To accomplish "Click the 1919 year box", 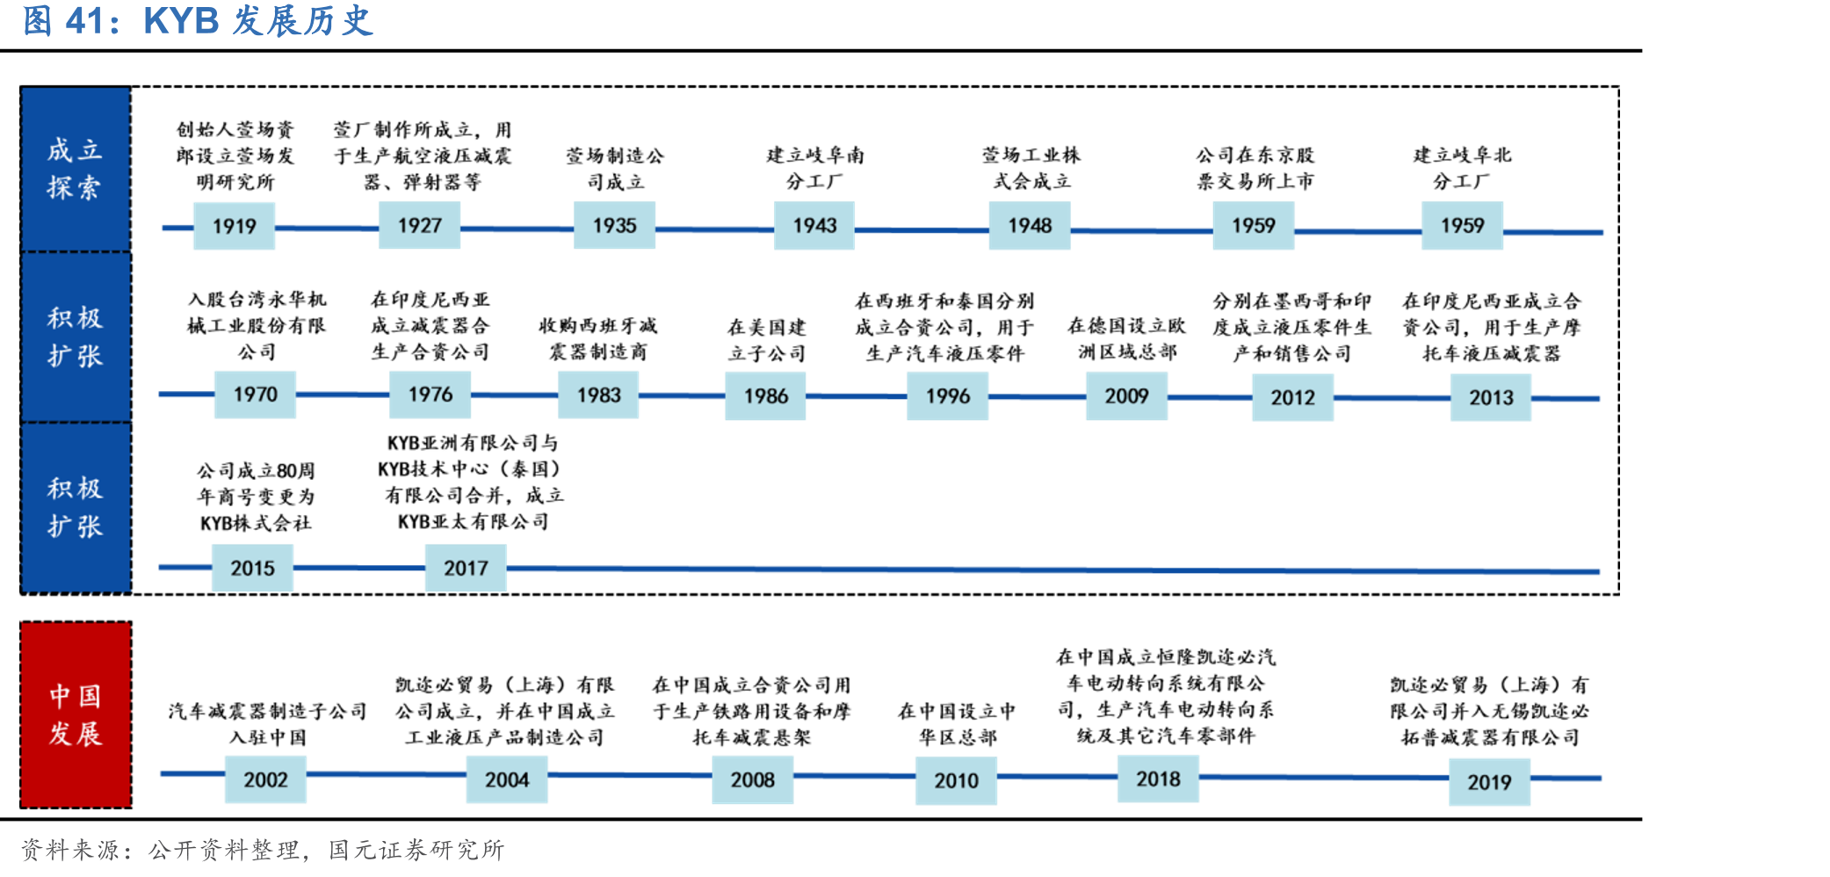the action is point(234,226).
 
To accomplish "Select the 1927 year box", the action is point(419,225).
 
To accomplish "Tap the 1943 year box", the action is point(814,225).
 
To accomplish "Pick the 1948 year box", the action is point(1030,225).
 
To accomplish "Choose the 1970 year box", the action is point(255,394).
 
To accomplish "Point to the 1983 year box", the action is point(598,395).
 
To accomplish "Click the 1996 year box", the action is point(948,395).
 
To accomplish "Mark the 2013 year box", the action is point(1491,397).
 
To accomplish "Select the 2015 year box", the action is point(252,568).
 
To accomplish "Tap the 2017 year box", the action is point(466,568).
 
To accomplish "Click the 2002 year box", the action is point(265,779).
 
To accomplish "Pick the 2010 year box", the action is point(956,780).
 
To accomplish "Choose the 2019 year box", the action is point(1489,782).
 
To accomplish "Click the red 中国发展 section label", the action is point(76,714).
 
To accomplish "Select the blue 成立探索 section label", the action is point(76,169).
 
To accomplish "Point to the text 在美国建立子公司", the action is point(766,340).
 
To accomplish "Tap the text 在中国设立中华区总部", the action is point(957,723).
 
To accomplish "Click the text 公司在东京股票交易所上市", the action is point(1255,168).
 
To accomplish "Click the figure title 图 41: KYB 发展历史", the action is point(198,21).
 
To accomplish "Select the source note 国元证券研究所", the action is point(416,850).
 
